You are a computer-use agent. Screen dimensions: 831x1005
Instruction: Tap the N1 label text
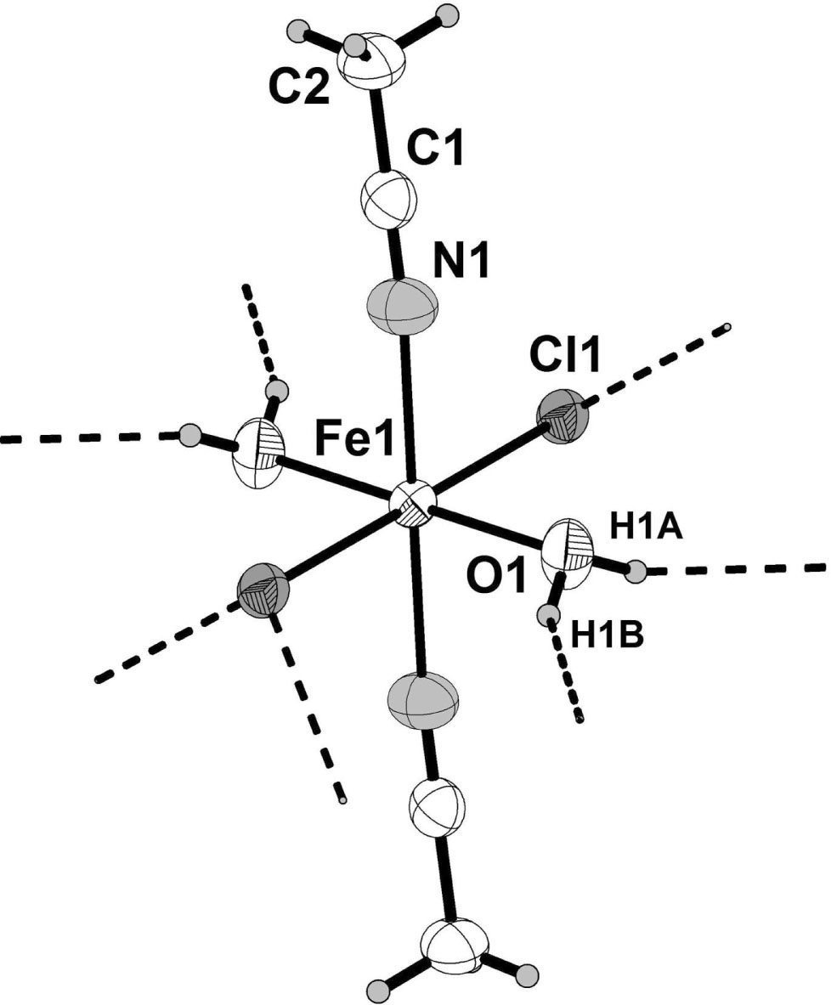pyautogui.click(x=461, y=263)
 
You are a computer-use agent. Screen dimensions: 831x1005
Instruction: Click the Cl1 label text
pyautogui.click(x=565, y=355)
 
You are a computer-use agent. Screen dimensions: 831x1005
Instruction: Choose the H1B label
pyautogui.click(x=607, y=637)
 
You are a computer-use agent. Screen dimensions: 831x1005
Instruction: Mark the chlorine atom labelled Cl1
pyautogui.click(x=562, y=415)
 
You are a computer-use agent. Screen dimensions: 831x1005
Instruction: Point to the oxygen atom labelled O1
pyautogui.click(x=566, y=546)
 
